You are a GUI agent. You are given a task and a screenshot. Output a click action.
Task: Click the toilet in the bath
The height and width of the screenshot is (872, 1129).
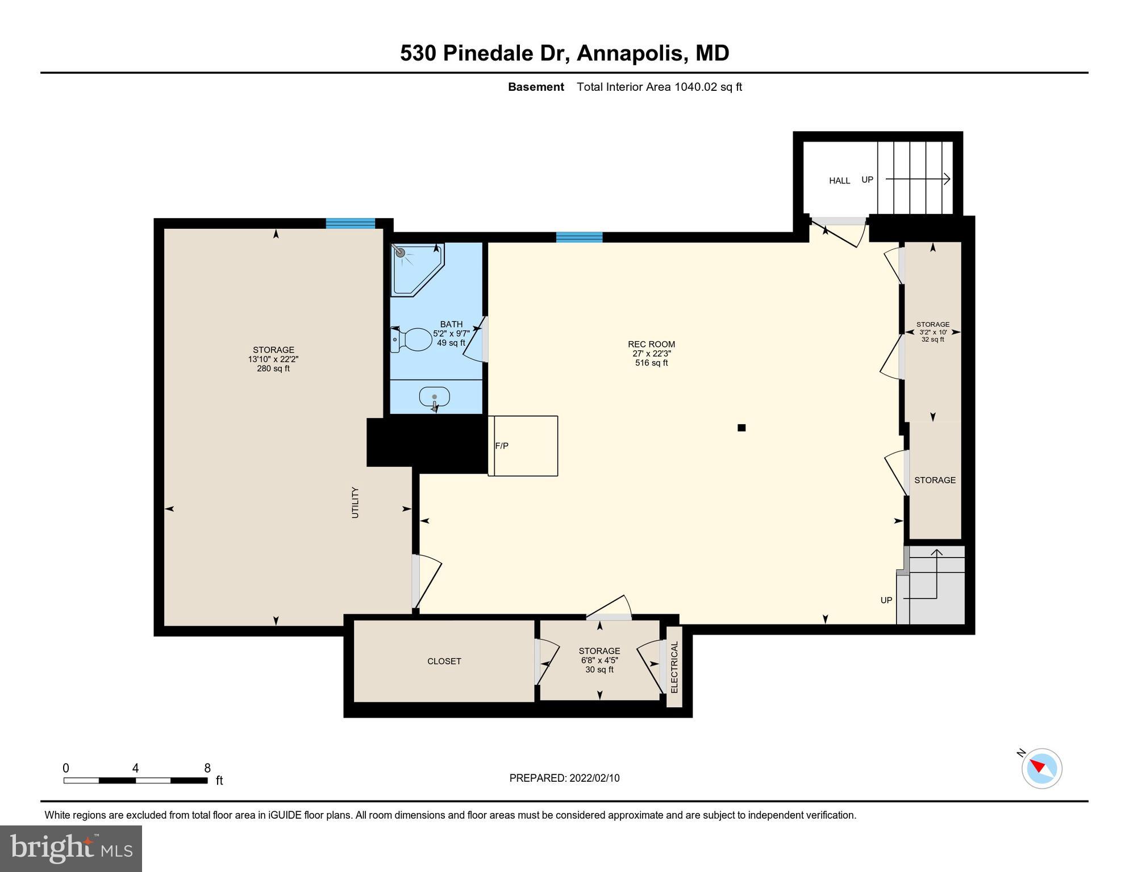point(412,339)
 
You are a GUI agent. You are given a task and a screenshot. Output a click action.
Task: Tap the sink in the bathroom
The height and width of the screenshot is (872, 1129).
point(435,397)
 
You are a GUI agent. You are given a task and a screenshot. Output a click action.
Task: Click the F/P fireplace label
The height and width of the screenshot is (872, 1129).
point(502,446)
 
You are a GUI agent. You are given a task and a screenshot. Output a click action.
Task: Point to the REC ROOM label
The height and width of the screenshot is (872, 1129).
point(651,344)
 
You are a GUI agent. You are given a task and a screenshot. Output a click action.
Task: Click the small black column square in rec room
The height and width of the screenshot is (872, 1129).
point(741,428)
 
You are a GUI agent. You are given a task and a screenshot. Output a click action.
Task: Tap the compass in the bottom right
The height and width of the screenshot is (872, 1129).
point(1041,769)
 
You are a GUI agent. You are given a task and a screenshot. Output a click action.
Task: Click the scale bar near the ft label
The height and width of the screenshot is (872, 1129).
point(135,781)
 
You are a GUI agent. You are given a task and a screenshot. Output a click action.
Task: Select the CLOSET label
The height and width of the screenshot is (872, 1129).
point(444,661)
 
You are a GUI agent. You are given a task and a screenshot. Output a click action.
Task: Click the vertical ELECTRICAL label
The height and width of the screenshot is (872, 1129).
point(674,667)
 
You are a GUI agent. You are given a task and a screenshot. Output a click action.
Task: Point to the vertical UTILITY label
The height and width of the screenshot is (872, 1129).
point(355,502)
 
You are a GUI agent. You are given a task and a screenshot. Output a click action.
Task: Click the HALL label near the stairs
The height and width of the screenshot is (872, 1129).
point(839,181)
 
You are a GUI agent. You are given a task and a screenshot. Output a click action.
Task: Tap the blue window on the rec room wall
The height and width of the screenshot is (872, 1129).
point(579,237)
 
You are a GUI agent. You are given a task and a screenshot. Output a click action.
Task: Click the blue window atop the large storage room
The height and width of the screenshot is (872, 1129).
point(351,223)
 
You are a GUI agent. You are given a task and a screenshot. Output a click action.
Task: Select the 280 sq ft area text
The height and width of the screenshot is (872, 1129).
point(273,369)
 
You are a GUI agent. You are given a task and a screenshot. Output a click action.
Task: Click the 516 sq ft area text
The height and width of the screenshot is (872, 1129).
point(651,363)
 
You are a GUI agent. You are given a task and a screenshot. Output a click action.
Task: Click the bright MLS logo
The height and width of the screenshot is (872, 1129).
point(71,849)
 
